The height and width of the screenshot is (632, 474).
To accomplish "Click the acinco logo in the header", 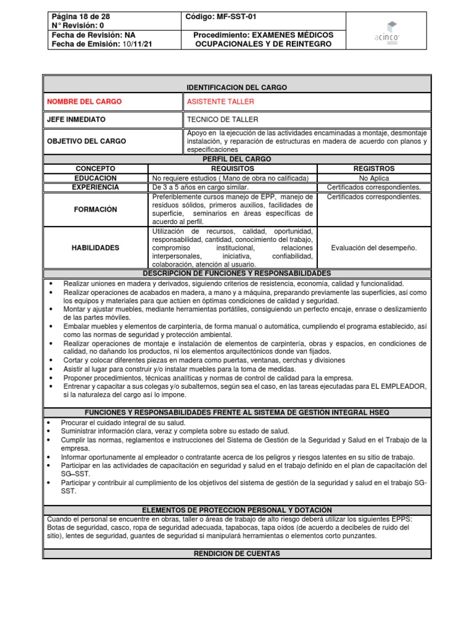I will pos(387,31).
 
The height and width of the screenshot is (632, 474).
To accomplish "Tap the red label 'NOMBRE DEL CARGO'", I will pos(85,101).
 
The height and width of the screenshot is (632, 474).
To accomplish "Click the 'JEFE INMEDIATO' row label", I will pos(77,119).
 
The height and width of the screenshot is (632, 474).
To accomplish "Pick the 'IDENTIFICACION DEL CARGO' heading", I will pos(237,88).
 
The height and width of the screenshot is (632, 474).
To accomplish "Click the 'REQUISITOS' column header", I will pos(233,168).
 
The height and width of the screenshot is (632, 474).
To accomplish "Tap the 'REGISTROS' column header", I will pos(374,168).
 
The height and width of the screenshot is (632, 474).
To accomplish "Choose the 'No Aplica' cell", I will pos(374,178).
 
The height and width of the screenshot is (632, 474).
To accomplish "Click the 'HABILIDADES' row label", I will pos(95,247).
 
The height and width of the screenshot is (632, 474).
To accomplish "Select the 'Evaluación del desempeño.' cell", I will pos(374,247).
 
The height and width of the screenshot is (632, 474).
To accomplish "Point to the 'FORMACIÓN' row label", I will pos(95,209).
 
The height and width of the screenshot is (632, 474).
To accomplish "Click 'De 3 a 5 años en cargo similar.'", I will pos(201,187).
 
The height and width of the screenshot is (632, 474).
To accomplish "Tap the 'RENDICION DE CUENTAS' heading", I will pos(237,554).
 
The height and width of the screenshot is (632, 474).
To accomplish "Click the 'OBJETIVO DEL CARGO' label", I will pos(86,141).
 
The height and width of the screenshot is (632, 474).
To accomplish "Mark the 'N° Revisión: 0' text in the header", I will pos(78,25).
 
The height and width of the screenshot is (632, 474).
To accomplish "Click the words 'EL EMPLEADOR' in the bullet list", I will pos(399,386).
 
